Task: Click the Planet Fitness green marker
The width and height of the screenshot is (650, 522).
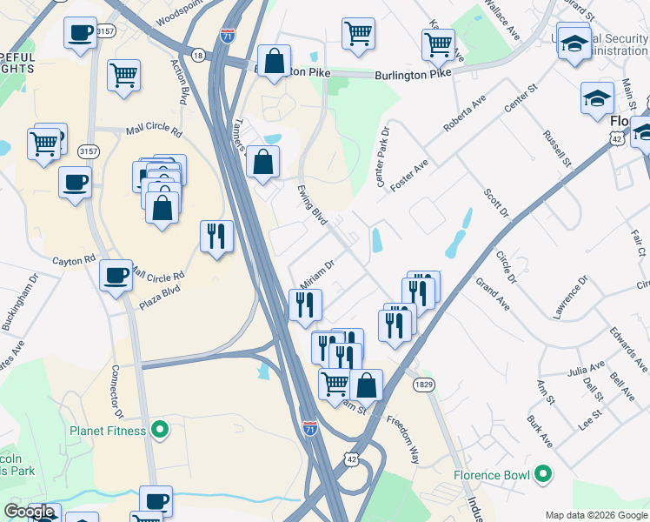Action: click(159, 429)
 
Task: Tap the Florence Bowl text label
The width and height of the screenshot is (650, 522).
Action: click(492, 475)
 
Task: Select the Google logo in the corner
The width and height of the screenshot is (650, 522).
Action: click(29, 512)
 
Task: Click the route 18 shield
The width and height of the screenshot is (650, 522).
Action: click(200, 55)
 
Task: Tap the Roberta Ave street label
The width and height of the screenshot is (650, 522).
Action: click(465, 114)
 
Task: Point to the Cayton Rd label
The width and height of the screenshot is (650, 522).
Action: click(73, 260)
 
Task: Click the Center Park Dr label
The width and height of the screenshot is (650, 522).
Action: click(382, 155)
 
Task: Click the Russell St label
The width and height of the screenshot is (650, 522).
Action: click(556, 149)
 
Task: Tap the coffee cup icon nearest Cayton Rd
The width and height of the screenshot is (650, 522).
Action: click(116, 276)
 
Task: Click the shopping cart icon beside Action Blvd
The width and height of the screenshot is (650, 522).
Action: click(124, 75)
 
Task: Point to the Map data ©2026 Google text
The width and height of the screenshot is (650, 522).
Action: click(596, 514)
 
